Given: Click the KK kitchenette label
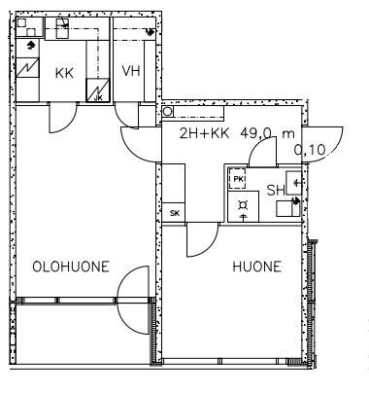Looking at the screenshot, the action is pos(64,73).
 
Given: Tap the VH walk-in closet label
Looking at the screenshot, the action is pos(131,71).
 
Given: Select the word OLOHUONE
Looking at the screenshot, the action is pos(71,267).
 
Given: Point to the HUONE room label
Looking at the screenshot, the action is pos(256,267).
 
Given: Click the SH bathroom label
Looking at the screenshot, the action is pos(276,191).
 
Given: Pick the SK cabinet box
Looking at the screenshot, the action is pos(174,213).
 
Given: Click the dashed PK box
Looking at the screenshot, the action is pos(237,178).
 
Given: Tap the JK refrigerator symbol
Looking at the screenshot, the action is pos(97,90).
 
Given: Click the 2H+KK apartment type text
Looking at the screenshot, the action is pos(205,133).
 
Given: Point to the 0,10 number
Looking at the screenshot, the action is pos(310,150).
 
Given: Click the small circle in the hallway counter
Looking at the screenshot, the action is pos(167,112).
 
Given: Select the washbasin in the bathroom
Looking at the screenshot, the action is pos(294,183).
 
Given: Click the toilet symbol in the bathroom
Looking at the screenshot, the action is pos(288,208).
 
